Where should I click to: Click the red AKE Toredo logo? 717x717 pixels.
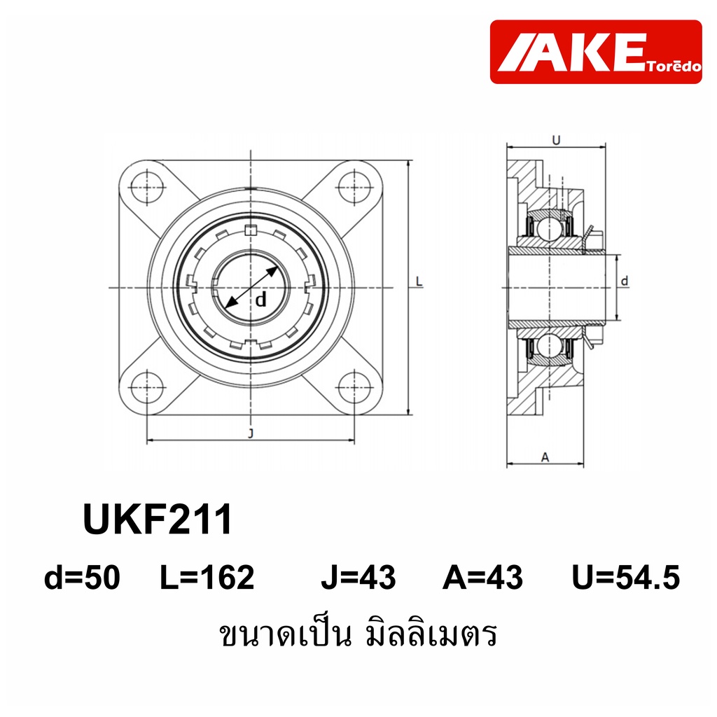[x=595, y=52]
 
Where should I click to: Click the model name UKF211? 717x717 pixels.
[x=158, y=520]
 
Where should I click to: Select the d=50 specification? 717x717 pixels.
[x=83, y=577]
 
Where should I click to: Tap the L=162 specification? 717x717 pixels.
[x=207, y=577]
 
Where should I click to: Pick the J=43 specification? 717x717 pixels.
[x=358, y=577]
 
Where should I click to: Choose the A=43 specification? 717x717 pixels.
[x=482, y=577]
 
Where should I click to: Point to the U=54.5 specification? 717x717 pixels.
[x=626, y=577]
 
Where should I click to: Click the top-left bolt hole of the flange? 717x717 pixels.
[x=147, y=187]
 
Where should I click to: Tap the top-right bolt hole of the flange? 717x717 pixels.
[x=354, y=187]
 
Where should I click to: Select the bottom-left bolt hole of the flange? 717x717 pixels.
[x=147, y=388]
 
